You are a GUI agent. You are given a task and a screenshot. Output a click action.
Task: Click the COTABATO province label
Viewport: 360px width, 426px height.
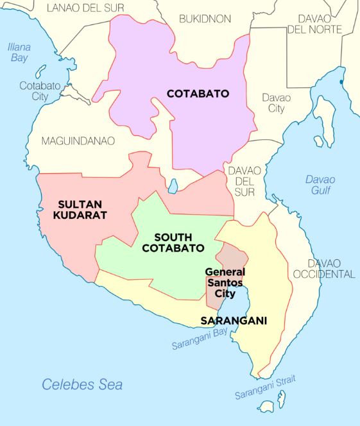198,93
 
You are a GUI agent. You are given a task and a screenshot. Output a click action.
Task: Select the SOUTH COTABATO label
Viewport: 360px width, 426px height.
173,243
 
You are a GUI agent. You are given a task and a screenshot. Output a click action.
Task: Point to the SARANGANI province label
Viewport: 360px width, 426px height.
234,320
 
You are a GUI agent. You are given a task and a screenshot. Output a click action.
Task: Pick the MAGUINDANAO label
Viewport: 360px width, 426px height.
78,141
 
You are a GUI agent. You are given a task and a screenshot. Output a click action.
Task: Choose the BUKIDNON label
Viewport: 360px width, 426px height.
205,19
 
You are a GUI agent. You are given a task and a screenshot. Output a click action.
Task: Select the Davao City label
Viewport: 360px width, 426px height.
277,103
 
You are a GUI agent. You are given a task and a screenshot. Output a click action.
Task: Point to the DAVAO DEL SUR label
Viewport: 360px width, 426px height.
242,181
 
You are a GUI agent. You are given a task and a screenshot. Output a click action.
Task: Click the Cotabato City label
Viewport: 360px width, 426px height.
34,90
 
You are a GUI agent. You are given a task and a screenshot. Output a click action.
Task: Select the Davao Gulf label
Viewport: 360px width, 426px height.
320,184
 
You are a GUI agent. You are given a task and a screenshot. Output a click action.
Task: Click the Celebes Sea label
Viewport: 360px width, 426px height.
82,384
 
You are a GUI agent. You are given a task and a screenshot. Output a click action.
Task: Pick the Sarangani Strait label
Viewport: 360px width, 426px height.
265,387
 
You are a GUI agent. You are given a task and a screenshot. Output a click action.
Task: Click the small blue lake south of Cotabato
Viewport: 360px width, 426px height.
173,186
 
